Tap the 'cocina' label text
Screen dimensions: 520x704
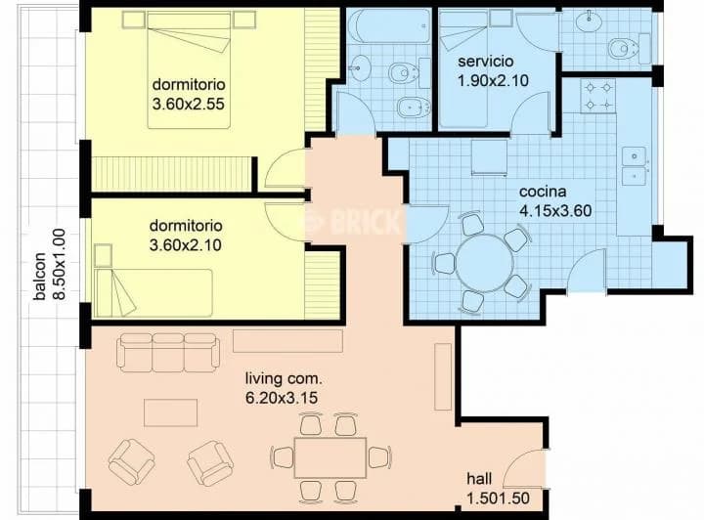point(543,192)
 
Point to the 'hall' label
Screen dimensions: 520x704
point(479,480)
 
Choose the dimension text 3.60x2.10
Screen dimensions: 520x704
point(186,245)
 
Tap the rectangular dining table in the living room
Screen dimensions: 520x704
point(330,456)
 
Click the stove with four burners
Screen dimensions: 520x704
point(597,95)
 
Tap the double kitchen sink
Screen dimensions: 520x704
point(635,165)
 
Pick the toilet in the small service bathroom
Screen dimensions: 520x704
point(621,48)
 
